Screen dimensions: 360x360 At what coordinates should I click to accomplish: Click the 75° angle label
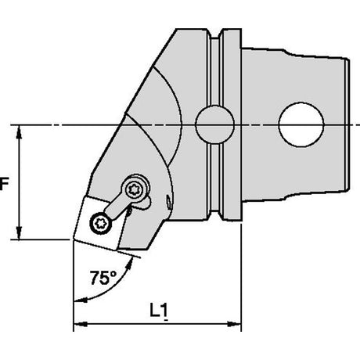103,278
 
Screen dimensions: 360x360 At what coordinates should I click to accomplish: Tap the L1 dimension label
159,311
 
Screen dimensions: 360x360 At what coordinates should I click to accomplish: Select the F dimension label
4,183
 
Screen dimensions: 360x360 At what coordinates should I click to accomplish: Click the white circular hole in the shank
301,124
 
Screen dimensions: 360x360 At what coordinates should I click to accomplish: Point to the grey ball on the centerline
214,124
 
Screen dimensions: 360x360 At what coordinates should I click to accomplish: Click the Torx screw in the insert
101,223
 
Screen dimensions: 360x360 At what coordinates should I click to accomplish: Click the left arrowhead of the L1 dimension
81,324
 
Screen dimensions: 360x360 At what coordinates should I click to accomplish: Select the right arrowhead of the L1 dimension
234,324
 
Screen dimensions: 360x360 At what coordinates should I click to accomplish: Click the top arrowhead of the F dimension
19,132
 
